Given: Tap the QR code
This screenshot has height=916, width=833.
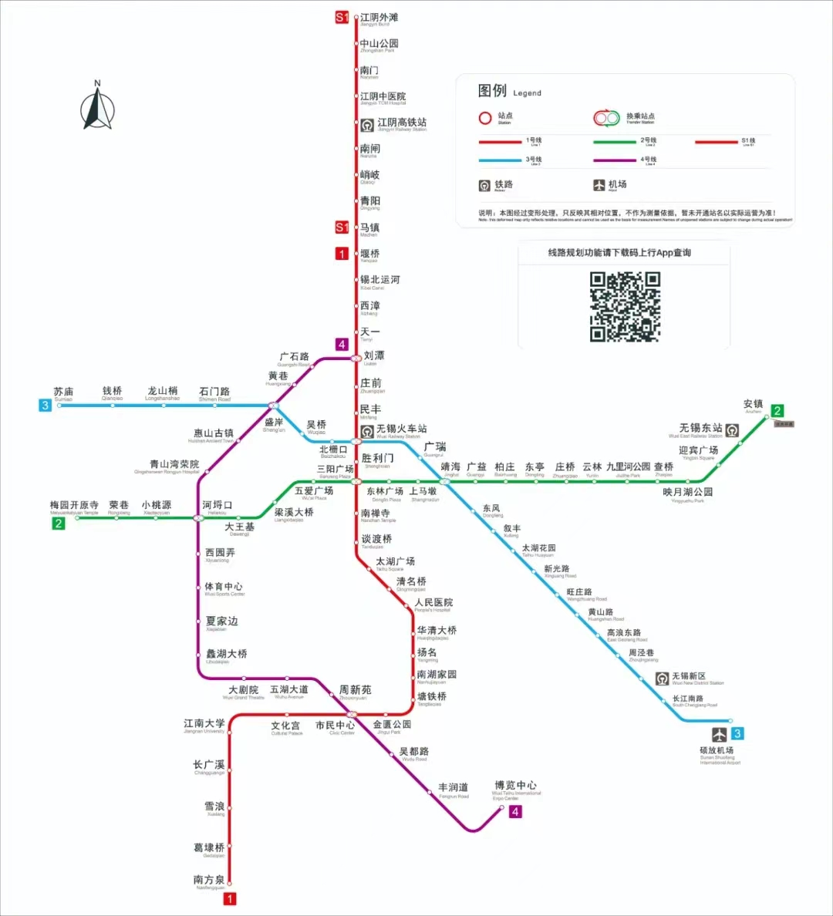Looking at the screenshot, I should point(625,306).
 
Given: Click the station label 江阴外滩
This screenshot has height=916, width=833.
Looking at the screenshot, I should point(379,18).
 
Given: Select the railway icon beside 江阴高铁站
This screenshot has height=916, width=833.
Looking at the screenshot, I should point(367,124).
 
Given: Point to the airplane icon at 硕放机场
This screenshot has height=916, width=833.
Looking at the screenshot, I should point(719,733).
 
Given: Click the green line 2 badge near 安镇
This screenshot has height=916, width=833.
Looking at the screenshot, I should point(777,411).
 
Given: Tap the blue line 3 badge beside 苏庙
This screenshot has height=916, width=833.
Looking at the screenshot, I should point(46,405).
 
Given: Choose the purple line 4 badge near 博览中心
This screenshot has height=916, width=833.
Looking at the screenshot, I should point(515,811).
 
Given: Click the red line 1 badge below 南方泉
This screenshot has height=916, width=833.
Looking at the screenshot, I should point(229,898).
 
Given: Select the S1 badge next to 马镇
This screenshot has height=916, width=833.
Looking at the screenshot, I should point(342,227).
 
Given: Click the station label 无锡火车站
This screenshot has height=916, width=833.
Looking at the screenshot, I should point(401,429).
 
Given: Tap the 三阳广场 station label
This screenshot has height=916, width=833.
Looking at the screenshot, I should point(335,469).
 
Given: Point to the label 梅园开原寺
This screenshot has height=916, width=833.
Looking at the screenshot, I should point(74,505).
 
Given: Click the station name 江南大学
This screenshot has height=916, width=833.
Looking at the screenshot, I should point(204,723).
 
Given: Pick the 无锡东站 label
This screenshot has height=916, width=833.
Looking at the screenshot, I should point(700,427).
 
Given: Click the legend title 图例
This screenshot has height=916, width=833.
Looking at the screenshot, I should point(492,91).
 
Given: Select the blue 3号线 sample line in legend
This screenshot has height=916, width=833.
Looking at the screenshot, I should point(500,160).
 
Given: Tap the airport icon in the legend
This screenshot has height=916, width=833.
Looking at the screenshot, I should point(599,185).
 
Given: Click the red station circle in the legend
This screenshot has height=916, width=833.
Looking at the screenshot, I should point(485,118).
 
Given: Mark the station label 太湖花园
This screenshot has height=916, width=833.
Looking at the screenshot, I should point(538,548).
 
